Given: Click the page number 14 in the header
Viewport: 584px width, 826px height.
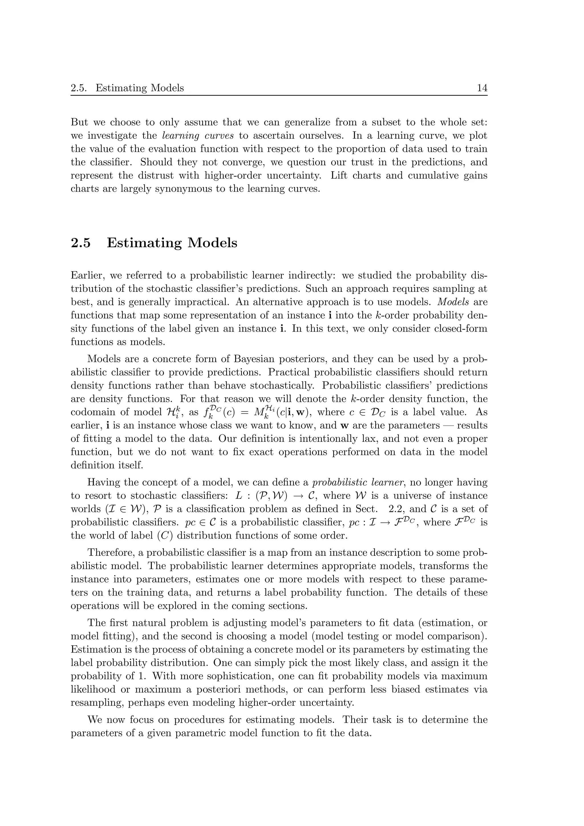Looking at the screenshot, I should [x=482, y=88].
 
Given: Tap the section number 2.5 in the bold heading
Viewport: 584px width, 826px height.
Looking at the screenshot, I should [x=81, y=243].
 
